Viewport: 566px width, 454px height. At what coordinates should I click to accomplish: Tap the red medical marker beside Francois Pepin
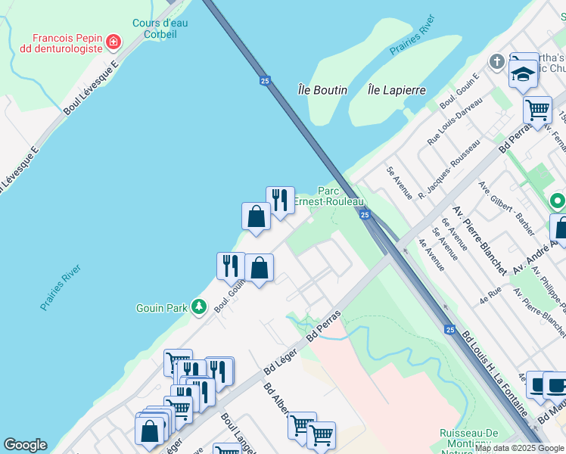pos(114,41)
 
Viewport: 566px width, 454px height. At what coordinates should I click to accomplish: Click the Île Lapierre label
pos(397,90)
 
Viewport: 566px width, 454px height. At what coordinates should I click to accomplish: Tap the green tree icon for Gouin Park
pos(199,306)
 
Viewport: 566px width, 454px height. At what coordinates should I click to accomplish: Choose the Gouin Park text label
pos(161,308)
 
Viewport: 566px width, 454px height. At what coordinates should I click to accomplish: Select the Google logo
pos(25,445)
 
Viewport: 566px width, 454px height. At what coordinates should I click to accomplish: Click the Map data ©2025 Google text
pos(519,448)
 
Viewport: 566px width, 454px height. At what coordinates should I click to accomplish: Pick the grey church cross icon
pos(497,61)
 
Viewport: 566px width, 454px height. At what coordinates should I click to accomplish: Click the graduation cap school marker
pos(522,73)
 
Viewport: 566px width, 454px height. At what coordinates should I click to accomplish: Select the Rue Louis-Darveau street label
pos(455,121)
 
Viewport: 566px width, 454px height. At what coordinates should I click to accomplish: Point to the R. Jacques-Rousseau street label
pos(449,169)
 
